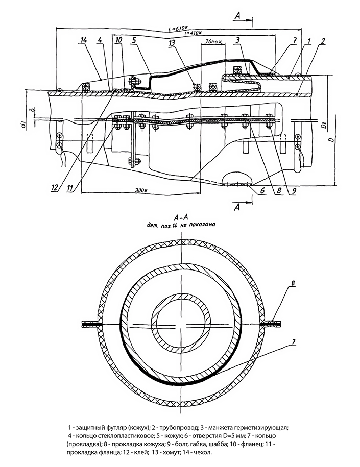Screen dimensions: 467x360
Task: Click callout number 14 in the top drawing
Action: [83, 39]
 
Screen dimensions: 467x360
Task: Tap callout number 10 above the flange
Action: [118, 39]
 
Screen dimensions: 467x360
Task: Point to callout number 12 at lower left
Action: [55, 187]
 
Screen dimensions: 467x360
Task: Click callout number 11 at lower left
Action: [70, 187]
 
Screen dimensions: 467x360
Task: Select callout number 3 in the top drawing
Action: [238, 39]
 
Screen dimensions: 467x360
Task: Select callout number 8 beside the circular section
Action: [293, 282]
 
